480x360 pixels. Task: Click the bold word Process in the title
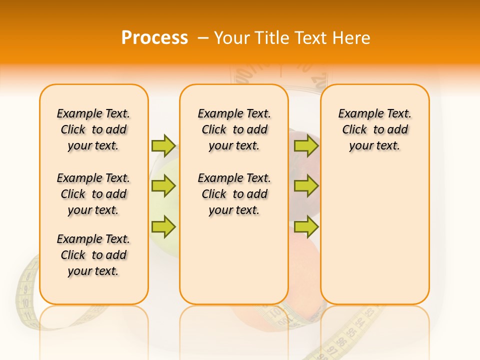click(x=154, y=37)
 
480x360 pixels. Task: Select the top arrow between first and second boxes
click(x=163, y=145)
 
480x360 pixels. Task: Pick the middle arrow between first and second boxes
click(x=163, y=186)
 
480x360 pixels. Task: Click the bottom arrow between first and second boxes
click(x=163, y=226)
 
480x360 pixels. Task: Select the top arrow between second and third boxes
click(x=306, y=145)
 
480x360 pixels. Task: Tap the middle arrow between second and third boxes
click(x=306, y=186)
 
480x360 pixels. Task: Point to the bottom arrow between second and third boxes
click(x=306, y=226)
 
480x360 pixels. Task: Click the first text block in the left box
click(x=93, y=129)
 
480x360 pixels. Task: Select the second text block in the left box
click(x=93, y=194)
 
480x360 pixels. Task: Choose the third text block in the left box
click(x=93, y=255)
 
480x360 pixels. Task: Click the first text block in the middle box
click(x=234, y=129)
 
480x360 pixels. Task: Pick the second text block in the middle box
click(x=234, y=194)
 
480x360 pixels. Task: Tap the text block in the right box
click(x=375, y=129)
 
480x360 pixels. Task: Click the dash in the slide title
click(x=203, y=37)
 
